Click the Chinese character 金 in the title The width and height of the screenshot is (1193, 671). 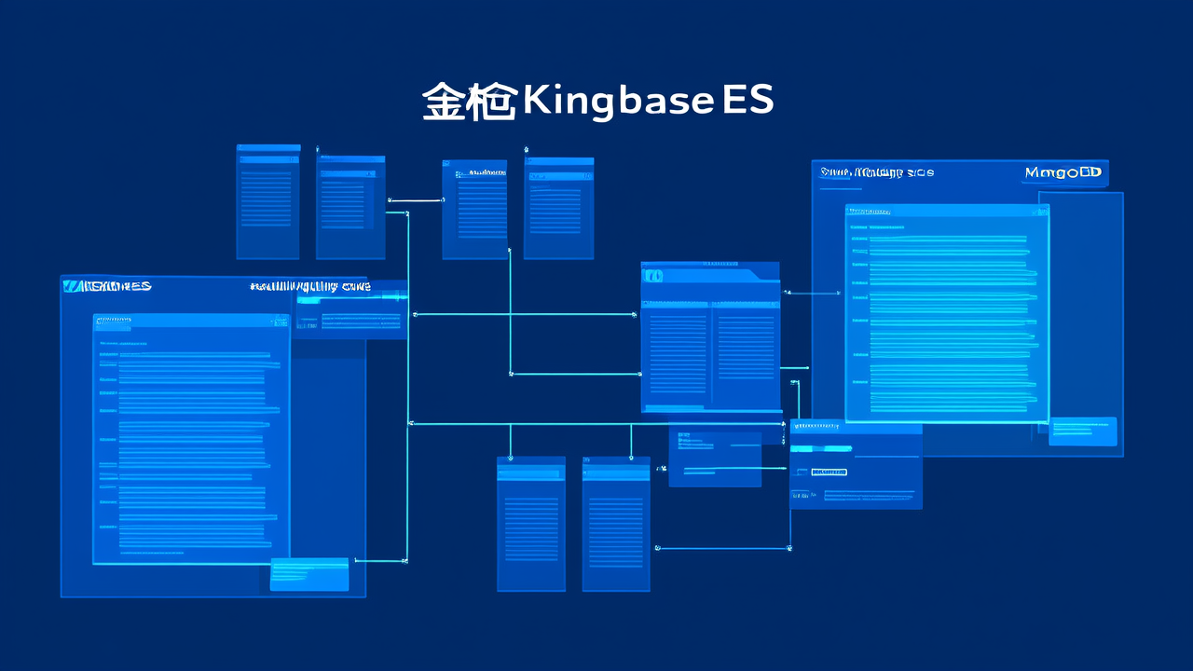click(x=445, y=102)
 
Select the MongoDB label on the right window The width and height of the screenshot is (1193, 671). click(x=1063, y=173)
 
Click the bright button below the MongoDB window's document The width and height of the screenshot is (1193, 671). click(x=1082, y=431)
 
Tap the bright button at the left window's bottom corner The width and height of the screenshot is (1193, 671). click(x=309, y=574)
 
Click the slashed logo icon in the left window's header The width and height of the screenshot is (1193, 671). click(x=71, y=286)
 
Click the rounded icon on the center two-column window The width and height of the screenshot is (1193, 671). click(x=652, y=276)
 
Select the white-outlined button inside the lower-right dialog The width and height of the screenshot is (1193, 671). click(x=829, y=472)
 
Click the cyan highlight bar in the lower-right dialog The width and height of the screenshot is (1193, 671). click(x=821, y=448)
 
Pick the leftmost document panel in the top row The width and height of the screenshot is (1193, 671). click(x=267, y=201)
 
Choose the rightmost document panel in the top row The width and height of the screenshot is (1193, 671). click(x=558, y=208)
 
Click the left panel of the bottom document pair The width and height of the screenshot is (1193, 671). click(x=530, y=524)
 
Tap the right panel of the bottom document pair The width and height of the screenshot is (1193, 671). click(x=616, y=524)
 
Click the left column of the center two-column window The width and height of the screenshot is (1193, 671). click(x=678, y=354)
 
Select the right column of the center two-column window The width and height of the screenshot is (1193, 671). click(x=746, y=354)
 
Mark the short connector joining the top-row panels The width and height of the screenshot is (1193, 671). click(x=415, y=199)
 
